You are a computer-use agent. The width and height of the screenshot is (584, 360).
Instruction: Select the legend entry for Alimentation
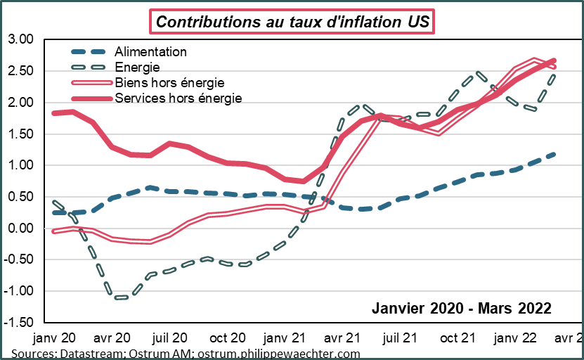tap(150, 52)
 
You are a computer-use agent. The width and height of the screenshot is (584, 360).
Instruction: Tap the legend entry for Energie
tap(137, 67)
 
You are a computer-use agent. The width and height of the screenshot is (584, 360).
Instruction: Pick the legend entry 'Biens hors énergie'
tap(169, 83)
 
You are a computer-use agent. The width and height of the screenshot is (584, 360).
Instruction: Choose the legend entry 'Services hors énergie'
tap(178, 98)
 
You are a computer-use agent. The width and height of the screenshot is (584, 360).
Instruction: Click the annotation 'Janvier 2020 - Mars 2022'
tap(460, 308)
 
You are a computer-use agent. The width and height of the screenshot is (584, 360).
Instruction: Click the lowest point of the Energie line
tap(119, 297)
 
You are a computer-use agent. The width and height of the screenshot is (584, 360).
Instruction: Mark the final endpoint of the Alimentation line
tap(555, 154)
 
